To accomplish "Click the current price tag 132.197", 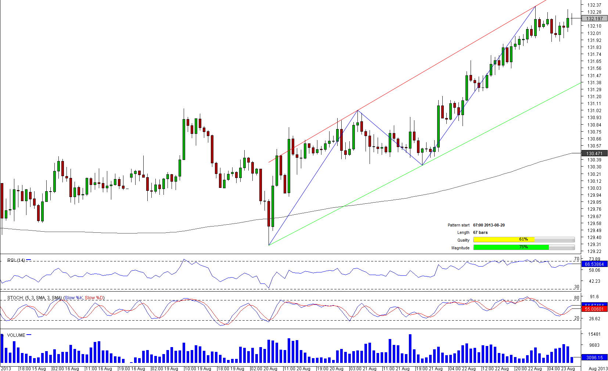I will click(594, 18).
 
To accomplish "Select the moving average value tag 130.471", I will click(594, 153).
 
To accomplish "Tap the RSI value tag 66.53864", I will click(594, 264).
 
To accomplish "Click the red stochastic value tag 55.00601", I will click(594, 309).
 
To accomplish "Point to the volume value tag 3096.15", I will click(594, 357).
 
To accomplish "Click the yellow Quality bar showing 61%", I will click(504, 240).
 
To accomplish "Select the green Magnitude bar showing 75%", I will click(511, 247).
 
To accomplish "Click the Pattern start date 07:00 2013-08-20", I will click(489, 225).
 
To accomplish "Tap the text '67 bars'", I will click(480, 232).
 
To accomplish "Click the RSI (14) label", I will click(16, 260).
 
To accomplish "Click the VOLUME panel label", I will click(16, 335).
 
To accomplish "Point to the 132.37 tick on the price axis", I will click(594, 5).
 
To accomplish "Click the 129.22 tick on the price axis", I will click(594, 252).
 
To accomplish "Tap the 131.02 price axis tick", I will click(594, 111).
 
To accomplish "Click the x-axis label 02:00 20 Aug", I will click(264, 368).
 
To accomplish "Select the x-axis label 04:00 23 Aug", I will click(562, 368).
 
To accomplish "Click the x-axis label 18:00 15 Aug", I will click(33, 368).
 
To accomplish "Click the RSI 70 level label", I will click(576, 259).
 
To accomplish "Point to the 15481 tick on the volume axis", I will click(594, 334).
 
